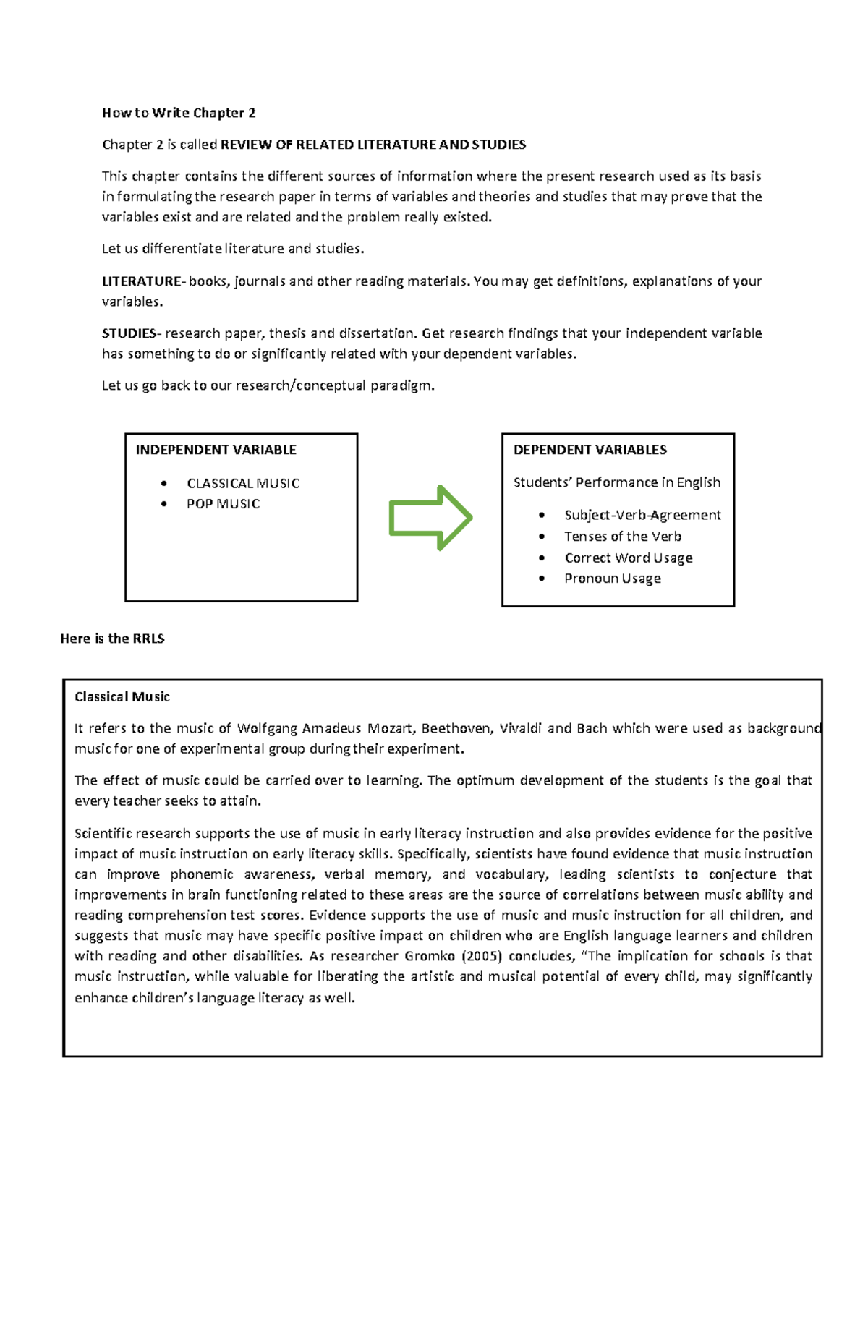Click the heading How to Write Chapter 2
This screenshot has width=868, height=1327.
[179, 113]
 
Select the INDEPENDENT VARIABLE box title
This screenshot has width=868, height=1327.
[216, 450]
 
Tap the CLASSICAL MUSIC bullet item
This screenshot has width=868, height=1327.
[242, 483]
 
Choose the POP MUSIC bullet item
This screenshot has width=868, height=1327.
[223, 504]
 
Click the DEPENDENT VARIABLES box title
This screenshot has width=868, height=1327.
[590, 450]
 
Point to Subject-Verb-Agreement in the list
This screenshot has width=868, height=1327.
[642, 515]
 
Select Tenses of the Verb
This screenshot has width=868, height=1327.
[623, 537]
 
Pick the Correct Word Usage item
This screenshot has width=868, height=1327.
[629, 558]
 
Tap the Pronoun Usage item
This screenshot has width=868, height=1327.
[613, 579]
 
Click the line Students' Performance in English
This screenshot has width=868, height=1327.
[616, 482]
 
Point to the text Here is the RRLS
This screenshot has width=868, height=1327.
[112, 639]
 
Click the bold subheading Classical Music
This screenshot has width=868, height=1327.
[122, 697]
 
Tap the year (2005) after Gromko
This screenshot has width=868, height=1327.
[481, 956]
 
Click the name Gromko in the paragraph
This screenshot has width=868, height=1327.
[430, 956]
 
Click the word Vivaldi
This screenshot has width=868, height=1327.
[520, 728]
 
